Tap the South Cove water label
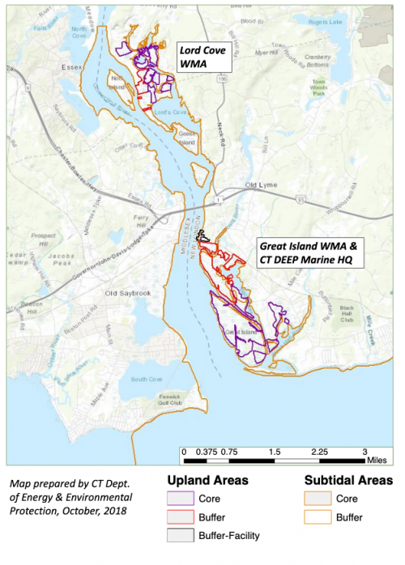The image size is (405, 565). coord(147,378)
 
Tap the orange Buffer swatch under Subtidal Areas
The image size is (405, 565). coord(318,517)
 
